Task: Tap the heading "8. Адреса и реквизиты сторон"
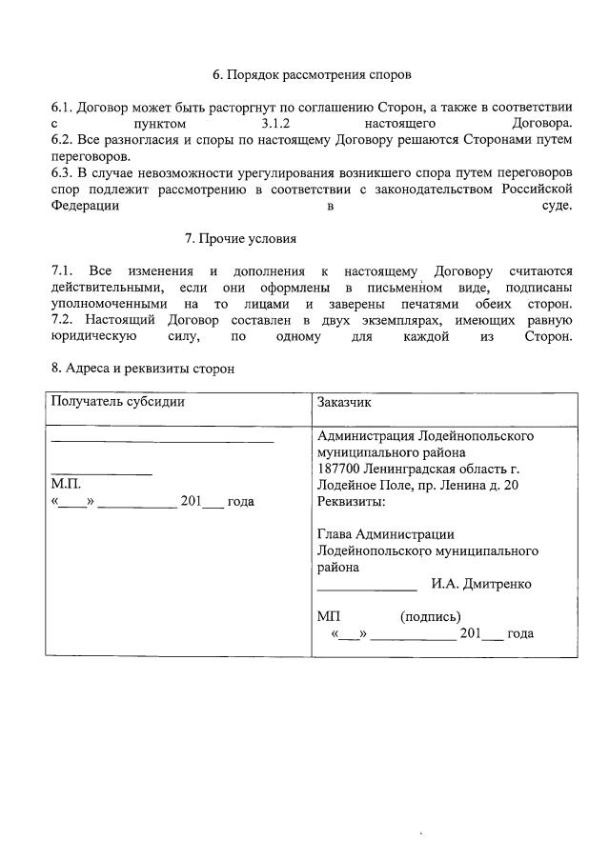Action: tap(142, 368)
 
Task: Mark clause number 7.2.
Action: tap(62, 319)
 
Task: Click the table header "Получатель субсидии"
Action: tap(117, 401)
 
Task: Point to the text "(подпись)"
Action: tap(431, 616)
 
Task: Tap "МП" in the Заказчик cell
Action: tap(328, 616)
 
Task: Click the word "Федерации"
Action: tap(85, 205)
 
